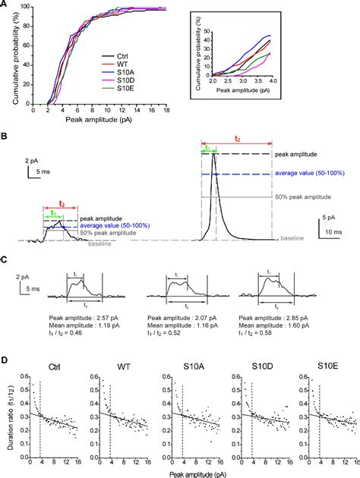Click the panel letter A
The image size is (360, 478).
[5, 5]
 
